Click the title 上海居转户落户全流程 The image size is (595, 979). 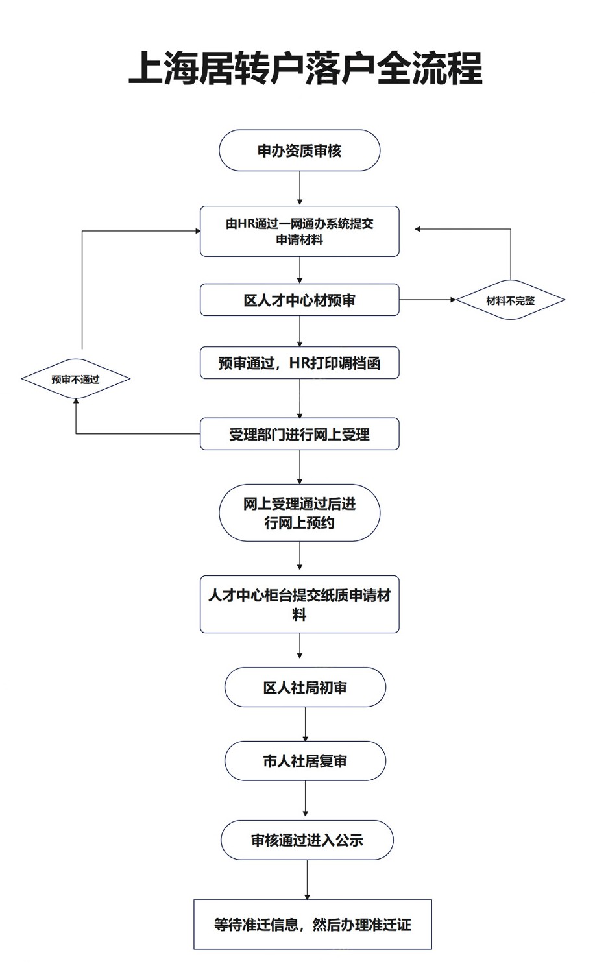[305, 68]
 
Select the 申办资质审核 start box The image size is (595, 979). [300, 151]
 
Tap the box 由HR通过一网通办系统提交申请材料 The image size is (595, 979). [300, 231]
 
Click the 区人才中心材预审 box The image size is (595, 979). [300, 300]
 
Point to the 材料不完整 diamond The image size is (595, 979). [511, 300]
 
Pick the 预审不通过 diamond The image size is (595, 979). [76, 379]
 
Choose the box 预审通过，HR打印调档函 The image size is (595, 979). [300, 363]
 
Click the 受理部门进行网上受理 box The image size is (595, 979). [300, 434]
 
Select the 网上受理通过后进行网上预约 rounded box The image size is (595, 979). [300, 513]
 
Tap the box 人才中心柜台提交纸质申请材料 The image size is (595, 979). [300, 605]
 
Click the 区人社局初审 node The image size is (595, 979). [305, 688]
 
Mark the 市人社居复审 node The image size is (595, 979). [305, 762]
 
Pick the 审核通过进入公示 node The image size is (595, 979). [307, 840]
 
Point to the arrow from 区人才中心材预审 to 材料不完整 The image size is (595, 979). [428, 300]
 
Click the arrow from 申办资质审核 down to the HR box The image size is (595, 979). [300, 188]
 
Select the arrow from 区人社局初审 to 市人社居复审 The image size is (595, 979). [305, 724]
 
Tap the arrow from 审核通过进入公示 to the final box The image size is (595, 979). [307, 880]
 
